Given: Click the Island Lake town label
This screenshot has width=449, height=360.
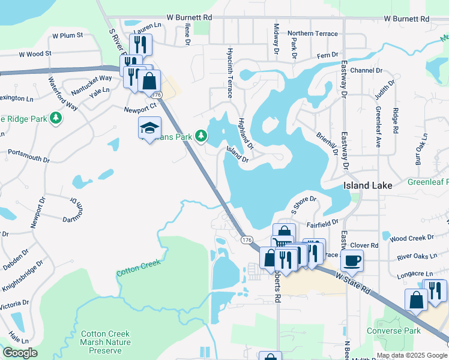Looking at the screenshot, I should click(x=367, y=185).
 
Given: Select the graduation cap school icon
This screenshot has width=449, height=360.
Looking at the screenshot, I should click(x=149, y=128).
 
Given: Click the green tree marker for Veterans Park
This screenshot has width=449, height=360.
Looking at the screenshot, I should click(x=202, y=136).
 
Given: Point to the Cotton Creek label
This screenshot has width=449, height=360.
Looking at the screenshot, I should click(x=139, y=268).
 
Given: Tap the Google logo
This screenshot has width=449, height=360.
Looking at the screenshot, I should click(x=20, y=353).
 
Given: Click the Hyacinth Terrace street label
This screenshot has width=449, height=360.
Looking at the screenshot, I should click(x=229, y=73).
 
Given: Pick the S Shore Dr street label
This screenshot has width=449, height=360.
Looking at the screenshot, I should click(x=303, y=203).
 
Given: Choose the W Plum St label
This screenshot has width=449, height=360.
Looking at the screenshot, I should click(x=67, y=35).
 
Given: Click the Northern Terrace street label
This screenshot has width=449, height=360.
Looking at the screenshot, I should click(x=313, y=34).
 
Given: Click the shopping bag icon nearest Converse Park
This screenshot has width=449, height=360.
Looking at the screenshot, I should click(x=416, y=300).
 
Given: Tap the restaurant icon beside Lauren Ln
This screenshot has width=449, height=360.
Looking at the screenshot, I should click(x=140, y=44).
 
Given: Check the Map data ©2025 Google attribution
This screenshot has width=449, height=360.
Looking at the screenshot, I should click(x=411, y=355).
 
